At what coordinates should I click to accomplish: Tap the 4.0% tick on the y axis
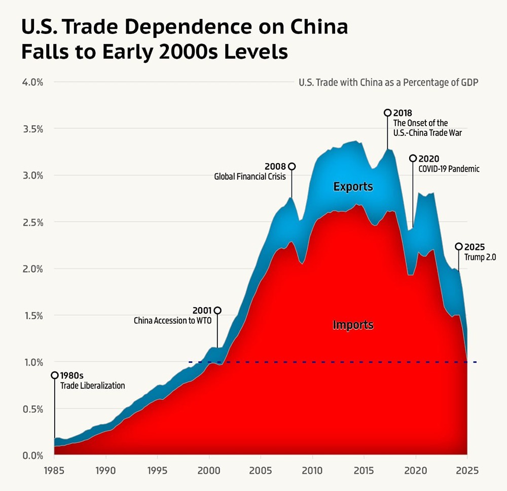click(x=32, y=82)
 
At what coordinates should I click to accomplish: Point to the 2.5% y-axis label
click(x=32, y=222)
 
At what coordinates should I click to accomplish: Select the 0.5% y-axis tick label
click(x=32, y=408)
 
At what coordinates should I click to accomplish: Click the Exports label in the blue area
click(x=353, y=187)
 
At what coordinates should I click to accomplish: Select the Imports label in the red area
click(x=353, y=325)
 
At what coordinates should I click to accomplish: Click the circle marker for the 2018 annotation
click(x=388, y=112)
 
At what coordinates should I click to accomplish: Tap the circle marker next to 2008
click(x=291, y=166)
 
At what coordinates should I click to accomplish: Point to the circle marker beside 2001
click(x=218, y=310)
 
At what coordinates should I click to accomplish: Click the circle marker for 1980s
click(x=54, y=375)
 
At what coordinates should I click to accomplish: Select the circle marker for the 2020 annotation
click(x=413, y=159)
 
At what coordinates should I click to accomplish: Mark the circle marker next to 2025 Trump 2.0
click(x=459, y=246)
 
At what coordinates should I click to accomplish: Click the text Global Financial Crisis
click(x=249, y=177)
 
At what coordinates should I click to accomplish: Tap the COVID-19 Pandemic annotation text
click(x=448, y=169)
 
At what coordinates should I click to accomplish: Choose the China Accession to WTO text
click(x=172, y=321)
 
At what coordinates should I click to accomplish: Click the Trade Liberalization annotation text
click(x=92, y=386)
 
